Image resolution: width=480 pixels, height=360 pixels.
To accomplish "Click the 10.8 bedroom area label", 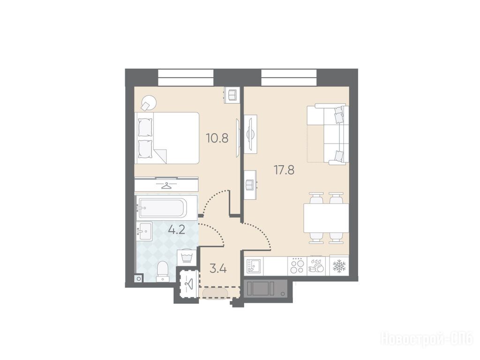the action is click(x=217, y=138).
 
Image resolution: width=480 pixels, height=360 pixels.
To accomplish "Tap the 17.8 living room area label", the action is click(x=284, y=169).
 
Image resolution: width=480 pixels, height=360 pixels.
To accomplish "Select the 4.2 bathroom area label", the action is click(x=177, y=229).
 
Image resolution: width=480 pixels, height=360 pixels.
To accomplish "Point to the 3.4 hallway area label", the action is click(x=218, y=269).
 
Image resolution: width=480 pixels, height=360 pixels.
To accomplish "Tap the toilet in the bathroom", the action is click(x=162, y=271).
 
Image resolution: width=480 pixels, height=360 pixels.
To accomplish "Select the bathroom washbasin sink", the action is click(x=144, y=232).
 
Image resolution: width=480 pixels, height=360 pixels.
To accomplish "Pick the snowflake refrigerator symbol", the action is click(x=339, y=266).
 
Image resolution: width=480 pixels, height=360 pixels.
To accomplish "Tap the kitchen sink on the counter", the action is click(x=254, y=266).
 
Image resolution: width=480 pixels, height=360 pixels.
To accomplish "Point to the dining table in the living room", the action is click(x=326, y=218).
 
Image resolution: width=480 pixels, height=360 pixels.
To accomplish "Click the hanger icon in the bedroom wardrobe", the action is click(x=166, y=185).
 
